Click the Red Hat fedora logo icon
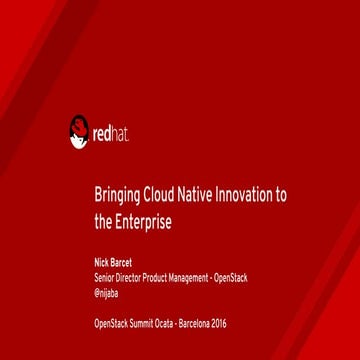tap(79, 130)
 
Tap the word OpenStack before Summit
tap(110, 322)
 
